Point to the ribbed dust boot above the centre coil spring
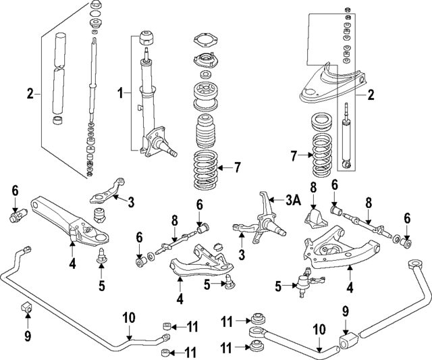[x=206, y=134]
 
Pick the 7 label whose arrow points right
[x=294, y=157]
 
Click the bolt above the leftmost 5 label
[x=101, y=255]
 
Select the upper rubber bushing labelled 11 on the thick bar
[x=257, y=318]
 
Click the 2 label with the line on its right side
[x=30, y=94]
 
